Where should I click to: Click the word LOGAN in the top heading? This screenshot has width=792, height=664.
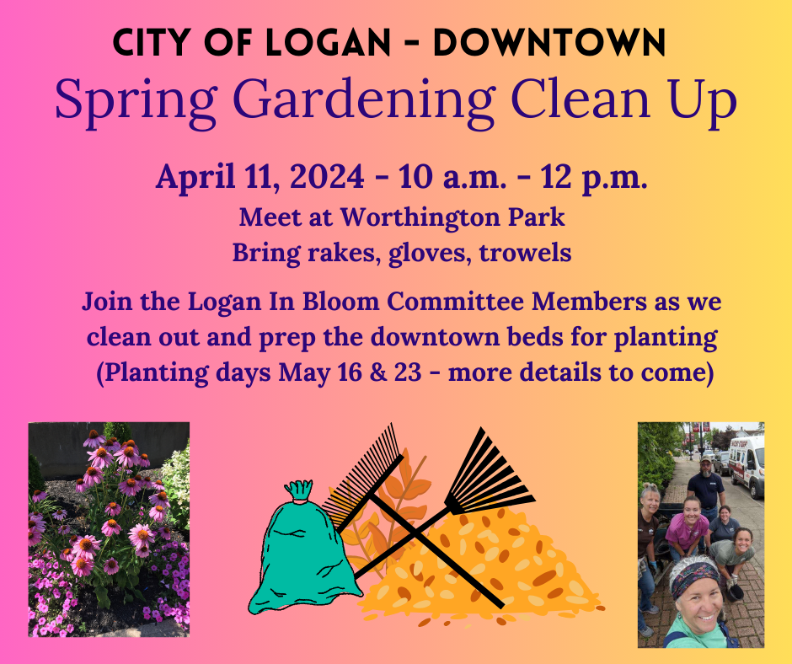(328, 42)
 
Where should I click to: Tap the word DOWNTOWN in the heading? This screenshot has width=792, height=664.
(549, 42)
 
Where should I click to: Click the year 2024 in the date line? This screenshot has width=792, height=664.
(327, 177)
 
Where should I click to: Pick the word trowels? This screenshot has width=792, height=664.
(525, 252)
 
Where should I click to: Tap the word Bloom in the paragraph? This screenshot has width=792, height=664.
(341, 302)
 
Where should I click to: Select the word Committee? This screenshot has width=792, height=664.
(455, 302)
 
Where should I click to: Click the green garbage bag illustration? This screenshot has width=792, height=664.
(301, 549)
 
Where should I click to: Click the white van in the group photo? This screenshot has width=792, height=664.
(746, 464)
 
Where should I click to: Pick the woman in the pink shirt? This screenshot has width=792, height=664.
(686, 527)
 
